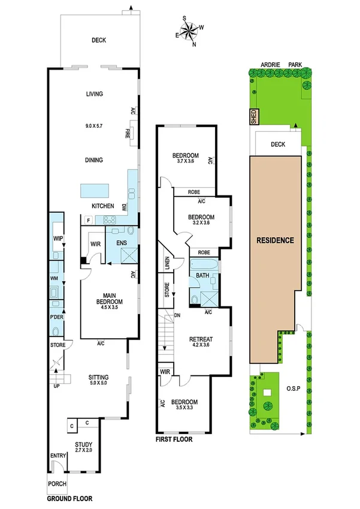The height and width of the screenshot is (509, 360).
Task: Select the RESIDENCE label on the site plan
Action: tap(276, 240)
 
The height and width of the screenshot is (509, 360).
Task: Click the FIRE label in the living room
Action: tap(128, 133)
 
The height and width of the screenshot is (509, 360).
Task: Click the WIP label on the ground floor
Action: tap(58, 239)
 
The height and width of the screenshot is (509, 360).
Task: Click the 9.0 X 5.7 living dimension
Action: tap(95, 127)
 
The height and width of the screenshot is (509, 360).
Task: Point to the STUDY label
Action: tap(83, 444)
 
